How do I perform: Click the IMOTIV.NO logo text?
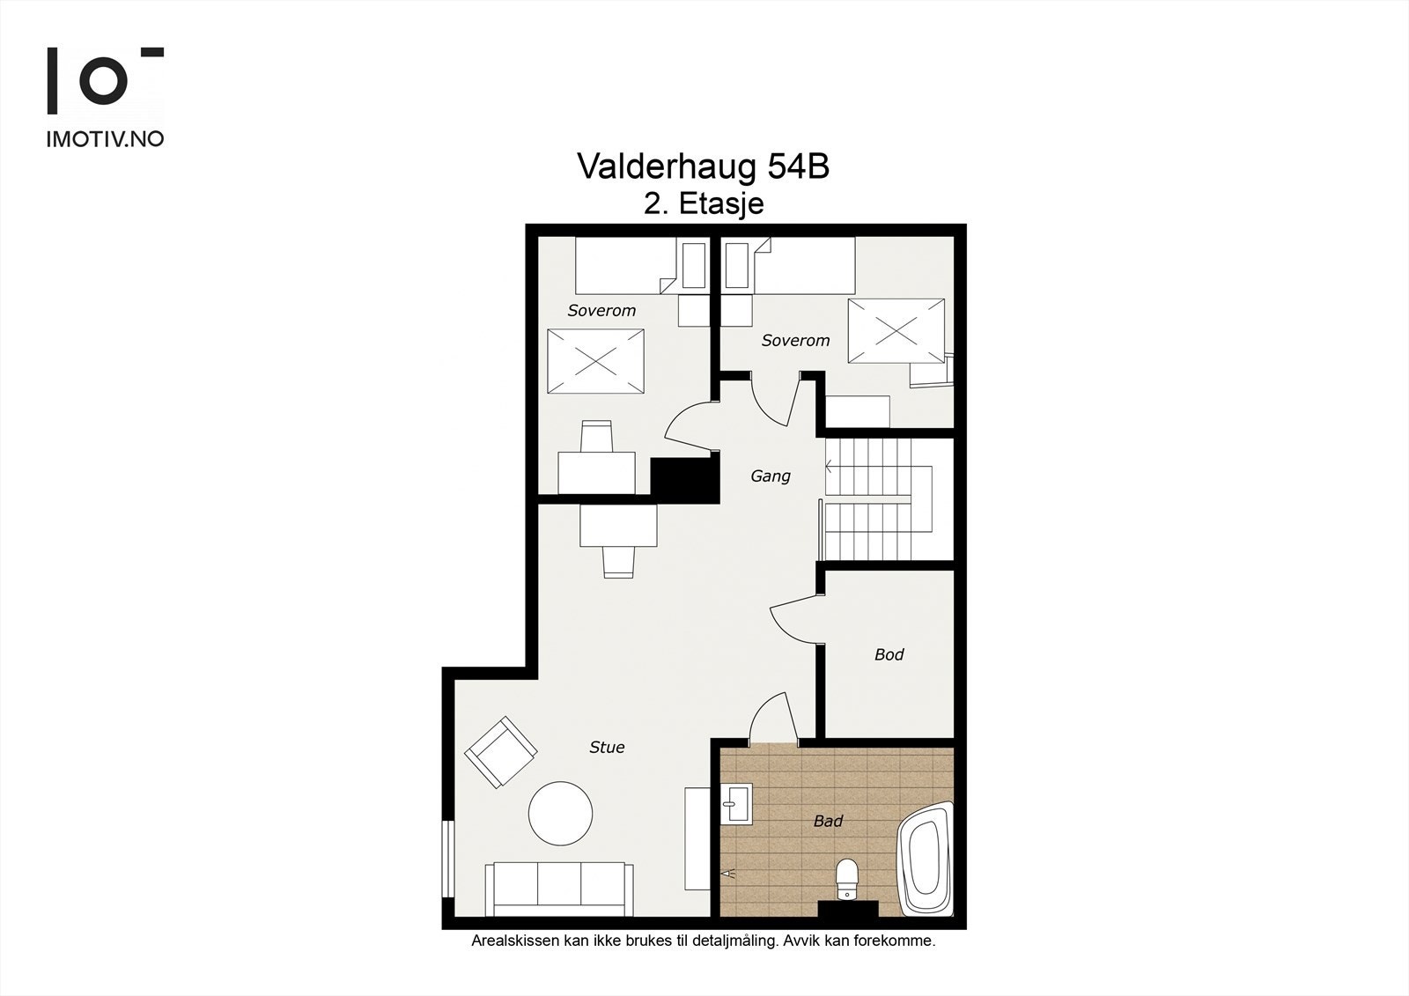click(x=105, y=139)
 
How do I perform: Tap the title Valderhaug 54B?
click(x=703, y=166)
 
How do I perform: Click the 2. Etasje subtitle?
click(x=704, y=204)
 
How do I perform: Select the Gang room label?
click(x=771, y=476)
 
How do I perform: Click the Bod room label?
click(x=889, y=654)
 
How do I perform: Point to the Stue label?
click(x=607, y=747)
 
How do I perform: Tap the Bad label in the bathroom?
click(x=828, y=821)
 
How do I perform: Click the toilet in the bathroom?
click(x=846, y=879)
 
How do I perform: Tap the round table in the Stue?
click(x=560, y=813)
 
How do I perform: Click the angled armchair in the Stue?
click(x=500, y=752)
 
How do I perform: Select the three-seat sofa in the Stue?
click(x=558, y=888)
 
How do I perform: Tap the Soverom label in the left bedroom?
click(x=601, y=310)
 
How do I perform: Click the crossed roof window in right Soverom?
click(x=896, y=331)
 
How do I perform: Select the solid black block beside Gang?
click(x=684, y=480)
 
